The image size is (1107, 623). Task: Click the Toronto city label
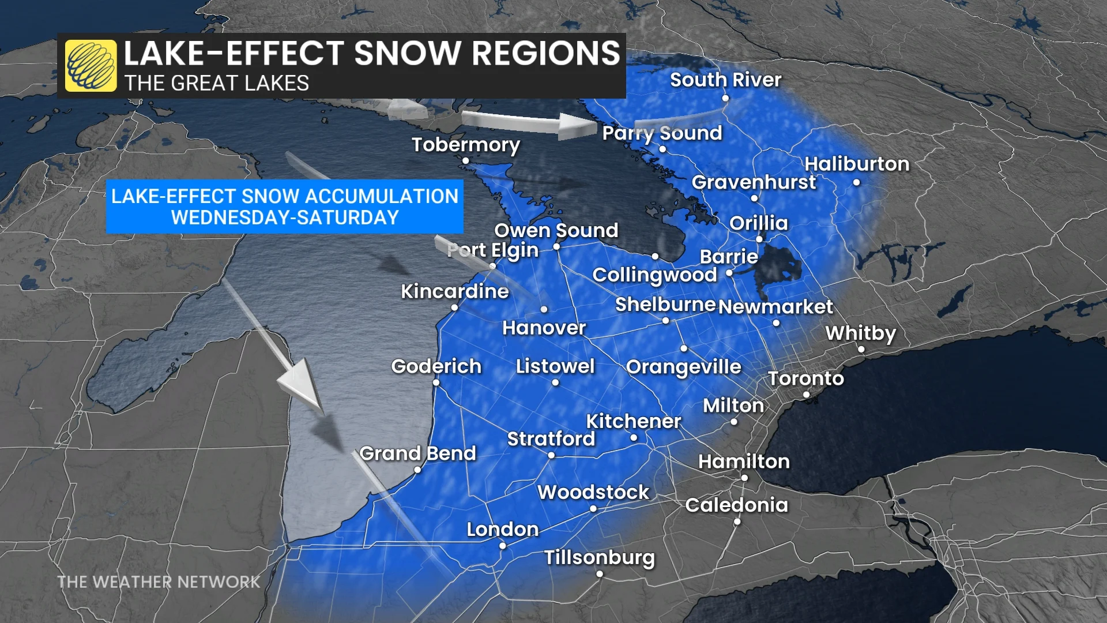click(805, 378)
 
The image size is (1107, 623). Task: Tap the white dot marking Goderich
click(436, 382)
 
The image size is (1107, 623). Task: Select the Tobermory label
click(465, 144)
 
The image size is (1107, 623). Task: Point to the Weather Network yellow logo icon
click(91, 66)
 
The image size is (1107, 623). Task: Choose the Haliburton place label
click(857, 164)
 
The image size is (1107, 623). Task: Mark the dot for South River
click(725, 98)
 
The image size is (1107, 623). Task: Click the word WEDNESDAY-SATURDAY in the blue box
click(285, 218)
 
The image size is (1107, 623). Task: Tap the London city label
click(502, 529)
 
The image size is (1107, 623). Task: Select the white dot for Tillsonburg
click(600, 574)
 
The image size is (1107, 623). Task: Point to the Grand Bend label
click(417, 453)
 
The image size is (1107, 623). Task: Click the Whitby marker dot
click(861, 349)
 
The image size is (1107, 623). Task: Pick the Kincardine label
click(455, 291)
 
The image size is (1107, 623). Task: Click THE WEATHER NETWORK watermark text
click(159, 582)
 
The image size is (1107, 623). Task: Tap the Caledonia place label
click(736, 505)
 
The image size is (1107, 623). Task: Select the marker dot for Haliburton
click(857, 182)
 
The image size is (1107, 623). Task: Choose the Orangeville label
click(683, 367)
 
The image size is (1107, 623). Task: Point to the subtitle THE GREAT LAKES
click(217, 84)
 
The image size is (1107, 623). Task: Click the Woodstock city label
click(593, 492)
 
